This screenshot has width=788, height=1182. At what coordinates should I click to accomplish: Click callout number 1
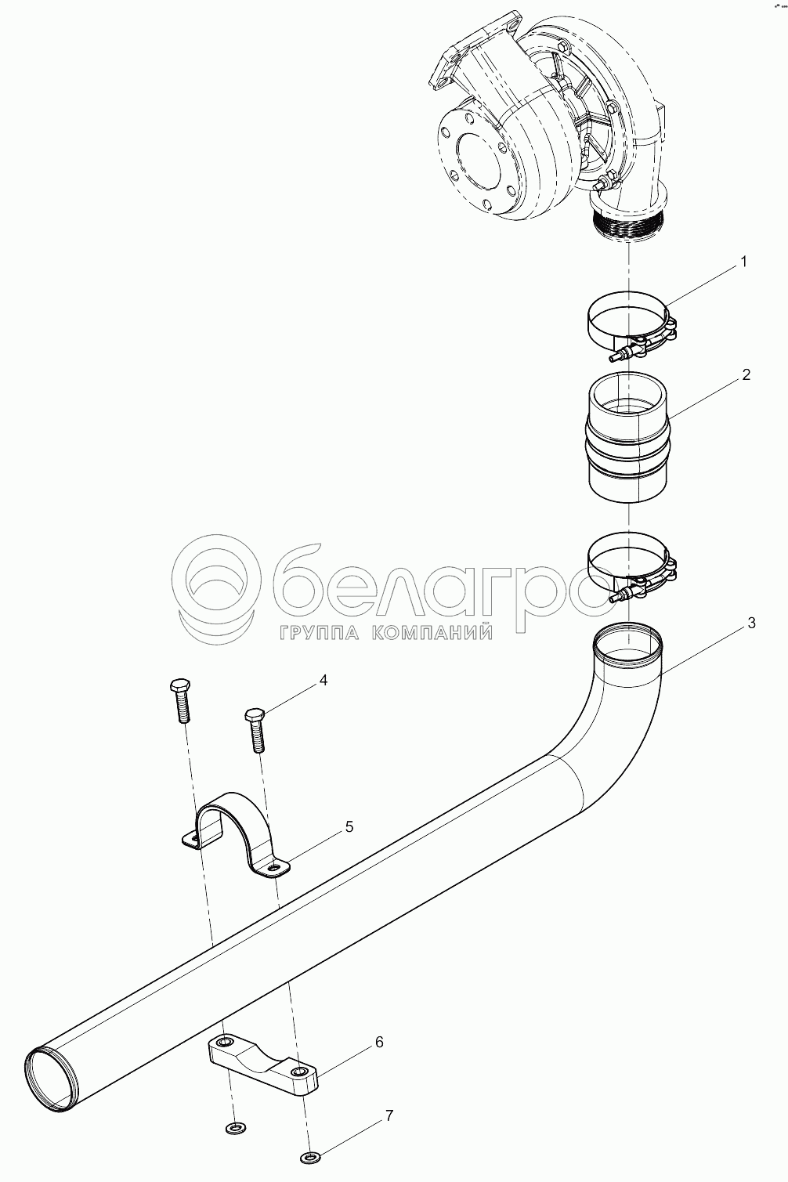(x=743, y=262)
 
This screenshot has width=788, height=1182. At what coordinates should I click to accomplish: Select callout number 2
(x=746, y=374)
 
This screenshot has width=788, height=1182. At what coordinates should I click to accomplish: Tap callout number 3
(x=751, y=623)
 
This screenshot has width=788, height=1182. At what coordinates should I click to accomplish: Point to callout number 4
(x=323, y=680)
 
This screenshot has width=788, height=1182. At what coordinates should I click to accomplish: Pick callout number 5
(x=349, y=826)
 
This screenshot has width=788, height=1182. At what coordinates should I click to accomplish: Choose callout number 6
(x=379, y=1042)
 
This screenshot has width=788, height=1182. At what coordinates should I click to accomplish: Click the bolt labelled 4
(x=255, y=730)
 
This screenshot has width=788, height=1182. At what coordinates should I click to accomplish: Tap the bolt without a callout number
(x=181, y=701)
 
